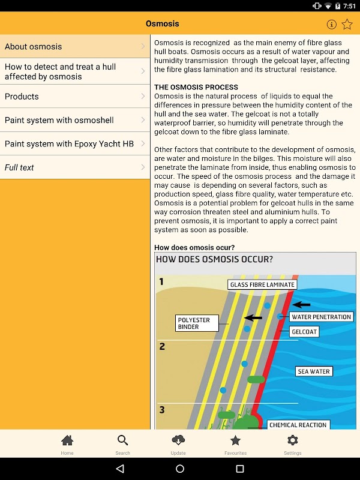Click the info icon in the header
point(331,25)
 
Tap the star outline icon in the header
point(347,25)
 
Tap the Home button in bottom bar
point(67,444)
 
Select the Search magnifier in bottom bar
point(123,444)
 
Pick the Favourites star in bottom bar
point(235,444)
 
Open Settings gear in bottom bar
point(292,444)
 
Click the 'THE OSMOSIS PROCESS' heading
point(196,87)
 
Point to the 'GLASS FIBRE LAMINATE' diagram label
point(262,284)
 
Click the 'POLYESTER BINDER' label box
point(194,323)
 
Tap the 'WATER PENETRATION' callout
point(321,317)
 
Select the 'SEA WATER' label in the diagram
point(314,371)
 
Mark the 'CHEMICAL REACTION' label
point(298,425)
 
